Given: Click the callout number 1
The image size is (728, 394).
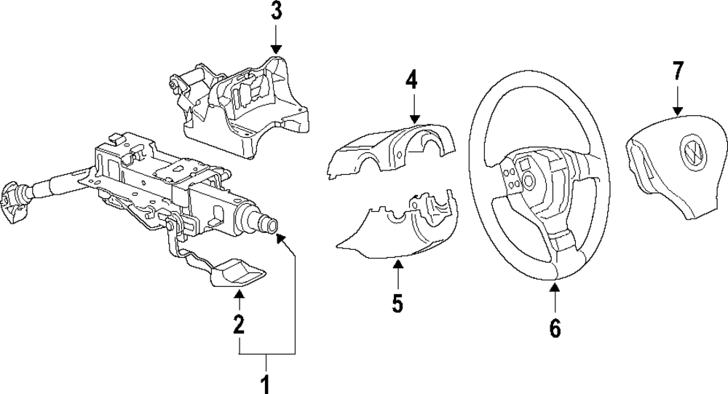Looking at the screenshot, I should tap(266, 382).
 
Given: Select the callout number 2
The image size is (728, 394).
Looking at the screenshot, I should tap(238, 325).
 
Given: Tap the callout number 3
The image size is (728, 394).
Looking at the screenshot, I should tap(276, 12).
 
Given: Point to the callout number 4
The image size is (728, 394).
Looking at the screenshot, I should tap(412, 79).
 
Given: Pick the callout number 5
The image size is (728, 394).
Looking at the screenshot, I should tap(397, 302).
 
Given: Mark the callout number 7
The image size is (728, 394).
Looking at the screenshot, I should tap(678, 71).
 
